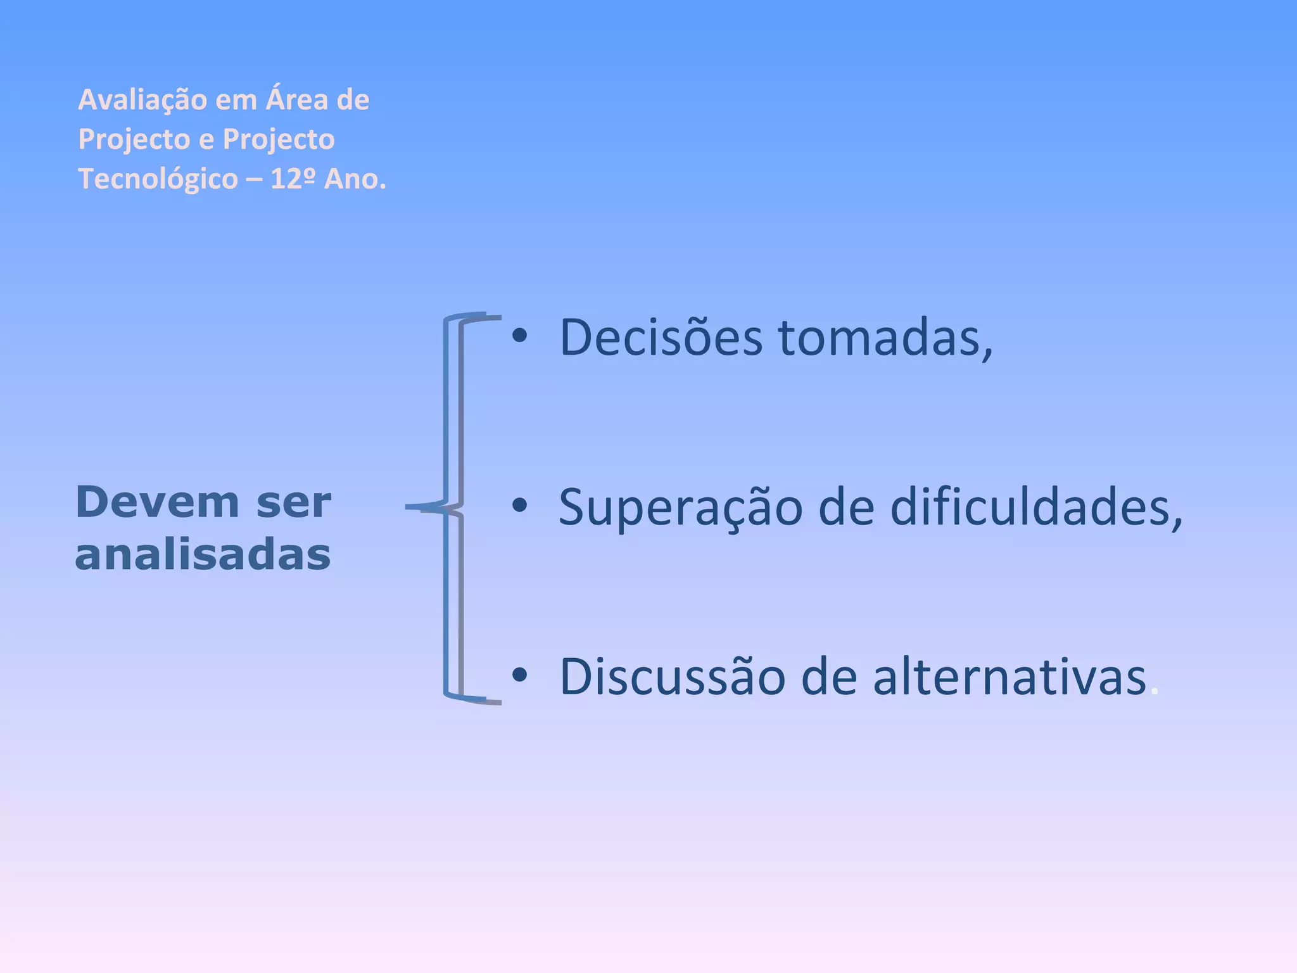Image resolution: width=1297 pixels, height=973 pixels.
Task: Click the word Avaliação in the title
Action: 142,100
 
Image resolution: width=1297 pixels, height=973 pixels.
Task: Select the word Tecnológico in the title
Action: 158,179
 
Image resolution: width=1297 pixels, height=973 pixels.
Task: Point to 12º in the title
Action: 293,179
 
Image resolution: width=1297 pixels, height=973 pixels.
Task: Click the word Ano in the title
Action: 354,179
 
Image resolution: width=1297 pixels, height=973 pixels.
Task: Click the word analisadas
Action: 203,555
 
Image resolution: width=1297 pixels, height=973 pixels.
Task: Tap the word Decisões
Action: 661,338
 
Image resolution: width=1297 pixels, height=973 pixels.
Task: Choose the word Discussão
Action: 672,677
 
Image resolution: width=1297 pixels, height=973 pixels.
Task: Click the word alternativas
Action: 1009,677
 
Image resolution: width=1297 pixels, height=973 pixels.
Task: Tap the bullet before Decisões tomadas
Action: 519,336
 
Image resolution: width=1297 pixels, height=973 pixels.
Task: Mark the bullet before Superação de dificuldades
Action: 519,506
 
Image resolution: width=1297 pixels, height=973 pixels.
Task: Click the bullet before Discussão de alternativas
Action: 519,675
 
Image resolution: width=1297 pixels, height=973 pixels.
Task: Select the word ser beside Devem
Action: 294,502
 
